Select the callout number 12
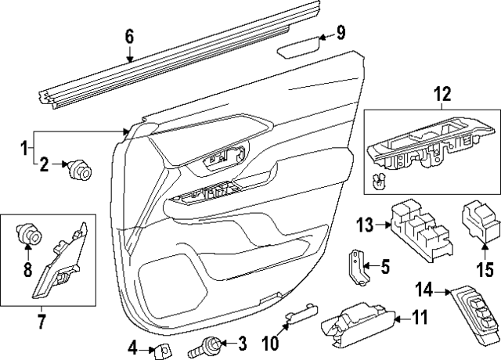tap(442, 95)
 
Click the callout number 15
tap(485, 272)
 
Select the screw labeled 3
tap(211, 344)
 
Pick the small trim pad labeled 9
tap(299, 49)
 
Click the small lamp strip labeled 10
tap(301, 315)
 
